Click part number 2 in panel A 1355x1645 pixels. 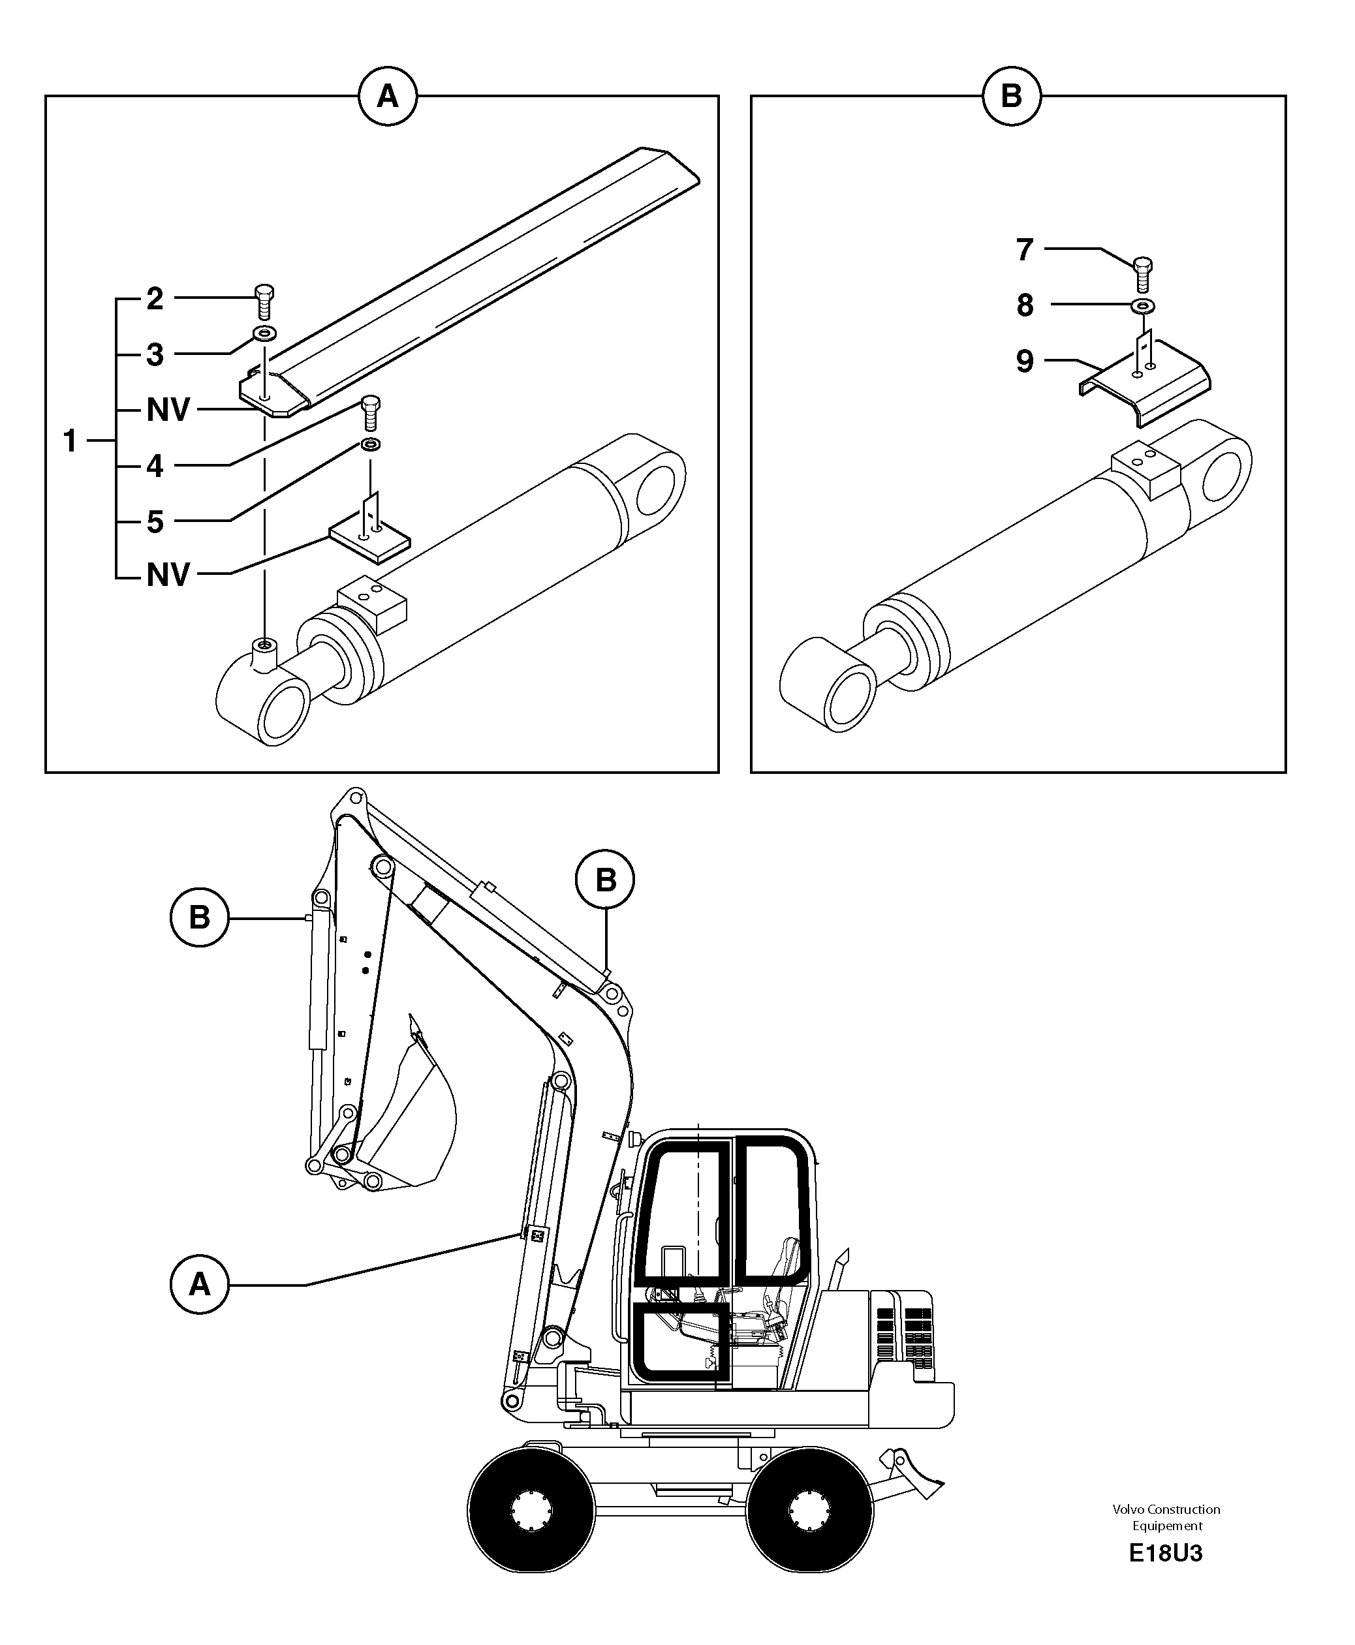pos(155,299)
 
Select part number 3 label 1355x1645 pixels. pos(155,355)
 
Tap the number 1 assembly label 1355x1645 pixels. pos(70,442)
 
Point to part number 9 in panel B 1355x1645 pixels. pos(1025,361)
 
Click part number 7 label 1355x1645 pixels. pos(1025,250)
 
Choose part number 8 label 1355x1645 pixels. pos(1025,305)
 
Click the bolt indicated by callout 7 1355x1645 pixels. pos(1142,273)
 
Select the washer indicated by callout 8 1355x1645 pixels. pos(1143,305)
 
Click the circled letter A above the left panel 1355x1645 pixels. pos(387,97)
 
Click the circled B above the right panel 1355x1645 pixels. pos(1011,97)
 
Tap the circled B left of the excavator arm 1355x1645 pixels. pos(199,917)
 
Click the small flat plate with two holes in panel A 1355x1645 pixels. pos(369,539)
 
